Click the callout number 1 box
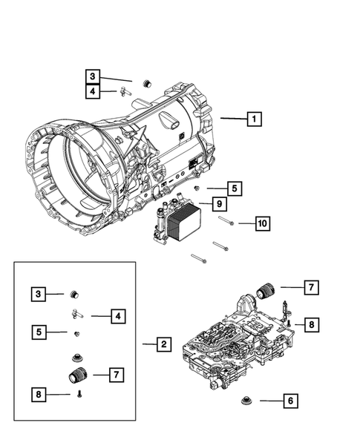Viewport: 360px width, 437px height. point(253,118)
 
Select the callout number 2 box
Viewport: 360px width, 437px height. point(163,344)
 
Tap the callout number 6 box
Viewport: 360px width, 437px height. point(290,401)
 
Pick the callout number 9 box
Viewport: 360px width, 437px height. point(220,203)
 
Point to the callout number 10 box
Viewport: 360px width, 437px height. point(262,223)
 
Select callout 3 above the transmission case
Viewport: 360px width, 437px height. point(93,76)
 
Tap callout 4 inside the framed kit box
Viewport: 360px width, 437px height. point(117,317)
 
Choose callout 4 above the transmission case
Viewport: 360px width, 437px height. point(93,92)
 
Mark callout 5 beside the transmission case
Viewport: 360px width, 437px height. point(233,188)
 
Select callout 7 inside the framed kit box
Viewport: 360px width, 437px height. point(117,375)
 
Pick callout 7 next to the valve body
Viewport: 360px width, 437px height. point(311,287)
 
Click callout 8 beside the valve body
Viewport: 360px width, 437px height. point(311,324)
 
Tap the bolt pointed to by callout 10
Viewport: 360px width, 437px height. point(226,222)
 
